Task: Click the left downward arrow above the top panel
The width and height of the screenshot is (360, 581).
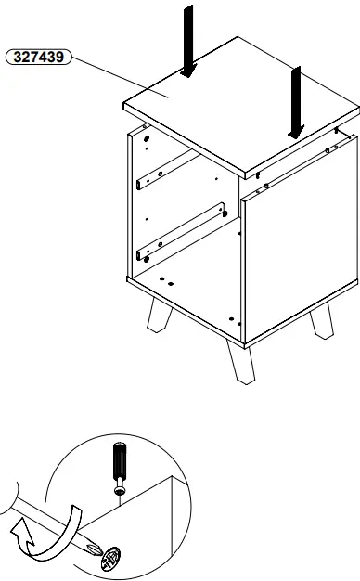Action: pyautogui.click(x=189, y=37)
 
